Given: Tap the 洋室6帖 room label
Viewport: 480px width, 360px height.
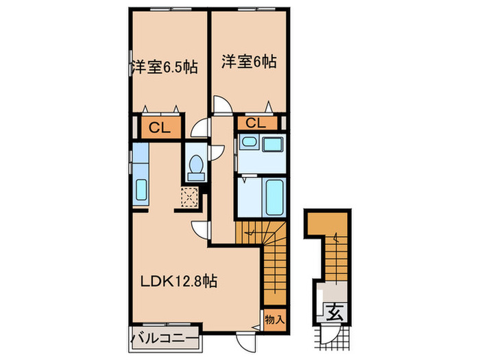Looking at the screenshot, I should pyautogui.click(x=248, y=62).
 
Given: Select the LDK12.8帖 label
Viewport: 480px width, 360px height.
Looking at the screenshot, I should pyautogui.click(x=180, y=280).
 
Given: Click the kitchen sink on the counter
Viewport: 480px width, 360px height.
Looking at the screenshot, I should pyautogui.click(x=141, y=189).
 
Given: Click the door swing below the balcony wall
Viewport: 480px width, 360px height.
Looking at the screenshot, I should pyautogui.click(x=243, y=341).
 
